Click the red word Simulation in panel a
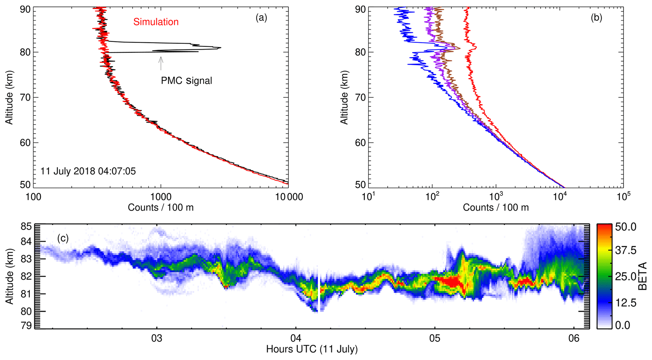coord(156,22)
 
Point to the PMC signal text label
coord(186,81)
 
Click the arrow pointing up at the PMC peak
coord(161,63)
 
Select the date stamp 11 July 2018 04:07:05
coord(88,171)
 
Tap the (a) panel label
coord(261,18)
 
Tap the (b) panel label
coord(596,18)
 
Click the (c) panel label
coord(63,238)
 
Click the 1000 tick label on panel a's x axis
coord(161,197)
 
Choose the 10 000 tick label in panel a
coord(287,197)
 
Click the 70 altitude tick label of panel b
coord(361,97)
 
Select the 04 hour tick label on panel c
coord(296,338)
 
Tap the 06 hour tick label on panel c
coord(574,338)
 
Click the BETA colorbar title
coord(642,276)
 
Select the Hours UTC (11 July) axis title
coord(312,349)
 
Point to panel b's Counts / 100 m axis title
coord(496,207)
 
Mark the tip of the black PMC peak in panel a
coord(220,48)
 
